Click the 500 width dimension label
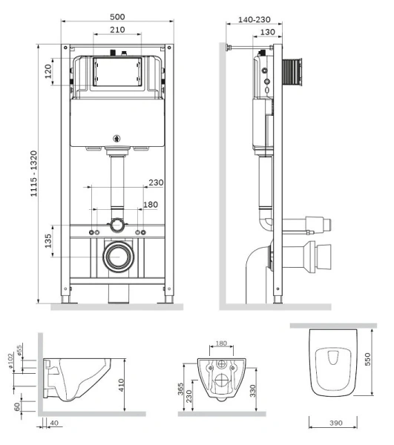[x=117, y=17]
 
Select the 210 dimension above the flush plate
[x=117, y=30]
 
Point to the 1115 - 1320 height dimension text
[x=34, y=174]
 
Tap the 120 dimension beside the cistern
[x=48, y=71]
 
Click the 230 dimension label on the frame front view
[x=156, y=182]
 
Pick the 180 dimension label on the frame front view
[x=151, y=205]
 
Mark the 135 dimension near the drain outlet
[x=48, y=240]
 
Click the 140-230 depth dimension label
[x=254, y=19]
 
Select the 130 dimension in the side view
[x=267, y=32]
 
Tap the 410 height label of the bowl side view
[x=121, y=385]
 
